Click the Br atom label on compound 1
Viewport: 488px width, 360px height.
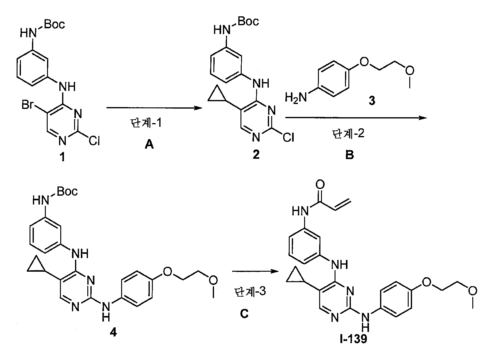pos(27,105)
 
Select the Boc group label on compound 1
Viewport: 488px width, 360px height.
pos(54,24)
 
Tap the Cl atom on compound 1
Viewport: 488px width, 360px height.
pos(94,141)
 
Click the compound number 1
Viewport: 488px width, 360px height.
pos(62,157)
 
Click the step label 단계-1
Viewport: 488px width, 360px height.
pos(146,123)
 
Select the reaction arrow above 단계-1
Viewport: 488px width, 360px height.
pos(154,108)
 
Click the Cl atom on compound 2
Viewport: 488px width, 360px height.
pos(288,137)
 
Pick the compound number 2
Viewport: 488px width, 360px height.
pos(256,154)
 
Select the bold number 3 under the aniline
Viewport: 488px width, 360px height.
pos(372,101)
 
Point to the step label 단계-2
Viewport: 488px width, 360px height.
pos(348,134)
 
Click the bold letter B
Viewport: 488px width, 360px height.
pos(350,155)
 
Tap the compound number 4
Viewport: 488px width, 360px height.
pos(113,333)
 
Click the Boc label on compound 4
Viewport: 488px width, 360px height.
pos(67,191)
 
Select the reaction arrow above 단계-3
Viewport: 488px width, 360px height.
pos(255,271)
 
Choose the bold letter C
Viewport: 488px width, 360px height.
pos(244,314)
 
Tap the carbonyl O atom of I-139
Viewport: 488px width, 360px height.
pos(320,184)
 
